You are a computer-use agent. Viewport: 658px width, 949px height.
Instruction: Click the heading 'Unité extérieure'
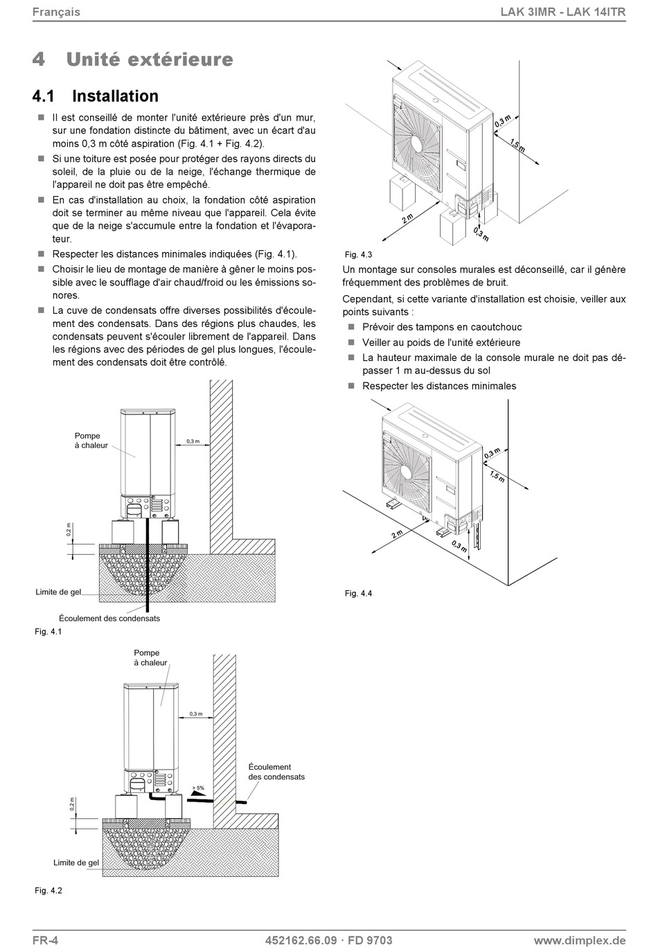point(150,60)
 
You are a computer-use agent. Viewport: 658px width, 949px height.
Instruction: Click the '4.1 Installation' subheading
point(96,96)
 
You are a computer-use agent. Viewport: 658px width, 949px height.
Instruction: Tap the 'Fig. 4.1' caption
point(48,632)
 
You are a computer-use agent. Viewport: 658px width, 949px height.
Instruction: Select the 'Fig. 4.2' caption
point(48,891)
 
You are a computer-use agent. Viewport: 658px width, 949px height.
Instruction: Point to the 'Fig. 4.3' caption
point(359,255)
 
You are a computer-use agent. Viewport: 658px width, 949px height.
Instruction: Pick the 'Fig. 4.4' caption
point(359,594)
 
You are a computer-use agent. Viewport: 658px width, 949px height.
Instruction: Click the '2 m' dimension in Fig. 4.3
point(407,219)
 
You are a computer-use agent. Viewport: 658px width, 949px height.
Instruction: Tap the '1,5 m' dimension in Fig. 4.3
point(517,145)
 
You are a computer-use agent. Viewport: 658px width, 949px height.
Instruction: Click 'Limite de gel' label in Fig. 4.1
point(58,592)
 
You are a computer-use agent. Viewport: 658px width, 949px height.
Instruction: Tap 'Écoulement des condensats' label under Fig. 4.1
point(109,618)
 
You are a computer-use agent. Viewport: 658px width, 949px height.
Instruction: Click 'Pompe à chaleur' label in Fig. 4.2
point(150,657)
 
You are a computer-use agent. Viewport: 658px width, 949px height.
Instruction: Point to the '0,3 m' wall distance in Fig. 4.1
point(193,441)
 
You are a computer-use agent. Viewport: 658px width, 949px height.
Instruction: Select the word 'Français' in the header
point(56,12)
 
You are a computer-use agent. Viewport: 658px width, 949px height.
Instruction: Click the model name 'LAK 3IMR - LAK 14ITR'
point(563,12)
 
